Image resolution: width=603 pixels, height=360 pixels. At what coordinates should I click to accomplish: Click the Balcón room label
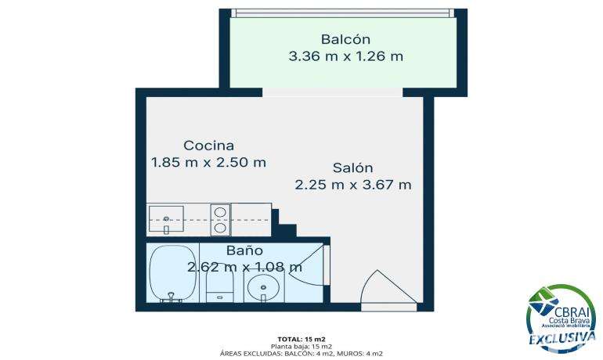(345, 39)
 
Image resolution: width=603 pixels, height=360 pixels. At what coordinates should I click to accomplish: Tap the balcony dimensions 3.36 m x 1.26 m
(345, 56)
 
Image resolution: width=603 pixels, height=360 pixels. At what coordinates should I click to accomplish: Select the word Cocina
(209, 146)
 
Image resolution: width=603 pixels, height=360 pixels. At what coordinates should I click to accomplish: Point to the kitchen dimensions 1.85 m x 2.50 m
(208, 163)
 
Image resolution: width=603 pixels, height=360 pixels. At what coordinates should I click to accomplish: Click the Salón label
(352, 168)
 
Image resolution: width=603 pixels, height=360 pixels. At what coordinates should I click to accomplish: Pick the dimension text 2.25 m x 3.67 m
(353, 185)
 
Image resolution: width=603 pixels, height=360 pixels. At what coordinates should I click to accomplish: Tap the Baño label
(244, 250)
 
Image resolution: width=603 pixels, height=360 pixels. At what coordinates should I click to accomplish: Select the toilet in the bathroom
(219, 283)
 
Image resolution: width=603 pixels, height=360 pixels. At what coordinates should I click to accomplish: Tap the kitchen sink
(166, 220)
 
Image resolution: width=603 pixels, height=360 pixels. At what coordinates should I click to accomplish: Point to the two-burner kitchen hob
(220, 220)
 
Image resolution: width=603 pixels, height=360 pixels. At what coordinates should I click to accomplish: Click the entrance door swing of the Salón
(388, 287)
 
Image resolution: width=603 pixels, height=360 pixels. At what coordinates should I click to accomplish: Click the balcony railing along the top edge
(345, 13)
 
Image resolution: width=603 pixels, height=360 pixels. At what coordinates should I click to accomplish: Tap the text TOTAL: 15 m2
(301, 339)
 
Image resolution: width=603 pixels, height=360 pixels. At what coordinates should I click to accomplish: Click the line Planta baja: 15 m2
(301, 346)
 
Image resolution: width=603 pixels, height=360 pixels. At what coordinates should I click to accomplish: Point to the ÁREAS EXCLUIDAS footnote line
(301, 354)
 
